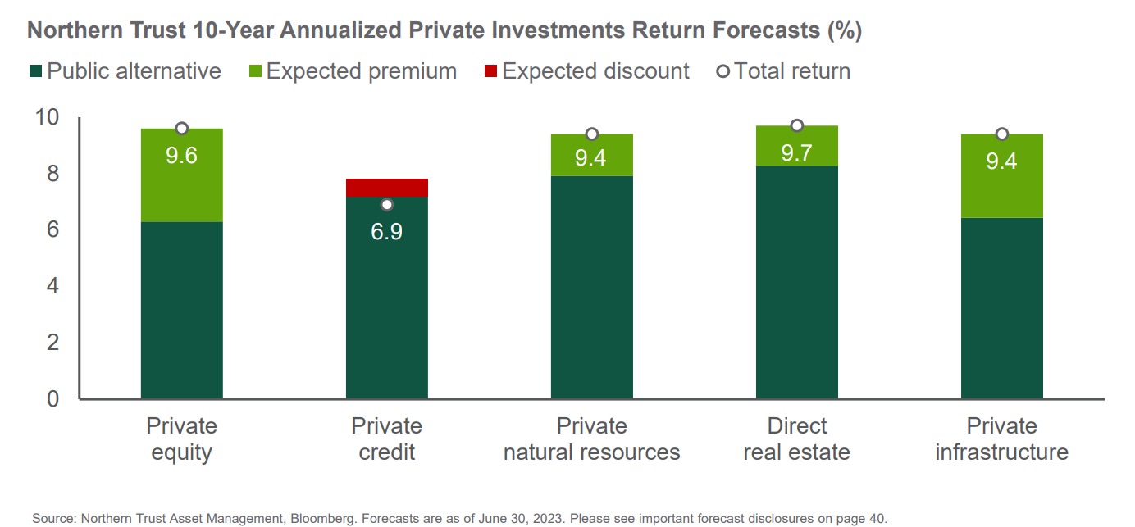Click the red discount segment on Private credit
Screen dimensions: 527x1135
386,188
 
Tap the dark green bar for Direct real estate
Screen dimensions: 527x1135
796,283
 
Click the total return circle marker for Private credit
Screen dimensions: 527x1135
387,204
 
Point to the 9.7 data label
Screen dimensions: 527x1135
796,152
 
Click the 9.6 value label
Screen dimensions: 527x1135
181,155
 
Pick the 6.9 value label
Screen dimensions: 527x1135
386,231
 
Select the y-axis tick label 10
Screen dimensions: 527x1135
48,117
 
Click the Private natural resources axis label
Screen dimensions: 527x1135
591,439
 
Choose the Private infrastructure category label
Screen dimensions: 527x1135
1001,439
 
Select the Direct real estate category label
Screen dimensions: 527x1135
796,439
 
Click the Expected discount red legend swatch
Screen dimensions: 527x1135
491,71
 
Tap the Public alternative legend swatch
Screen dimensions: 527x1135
35,71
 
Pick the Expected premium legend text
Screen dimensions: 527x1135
361,71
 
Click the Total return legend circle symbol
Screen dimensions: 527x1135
722,71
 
